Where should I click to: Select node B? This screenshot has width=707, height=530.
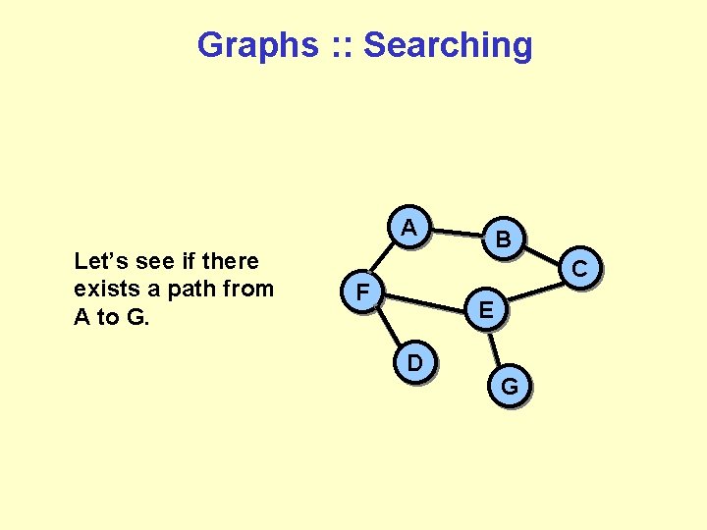coord(502,238)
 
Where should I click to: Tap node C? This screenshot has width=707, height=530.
coord(579,267)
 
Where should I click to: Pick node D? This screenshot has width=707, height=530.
coord(415,363)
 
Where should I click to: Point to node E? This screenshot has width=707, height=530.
coord(486,311)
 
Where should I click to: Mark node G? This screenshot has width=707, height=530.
coord(510,386)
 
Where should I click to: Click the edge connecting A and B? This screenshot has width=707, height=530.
coord(456,234)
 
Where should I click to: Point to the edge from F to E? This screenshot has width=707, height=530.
coord(423,300)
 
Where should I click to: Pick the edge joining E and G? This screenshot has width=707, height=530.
coord(497,347)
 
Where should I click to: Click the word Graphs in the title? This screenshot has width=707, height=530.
coord(258,44)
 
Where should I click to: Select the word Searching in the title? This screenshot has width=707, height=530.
coord(448,44)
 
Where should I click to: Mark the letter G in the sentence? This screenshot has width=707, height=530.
coord(132,316)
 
